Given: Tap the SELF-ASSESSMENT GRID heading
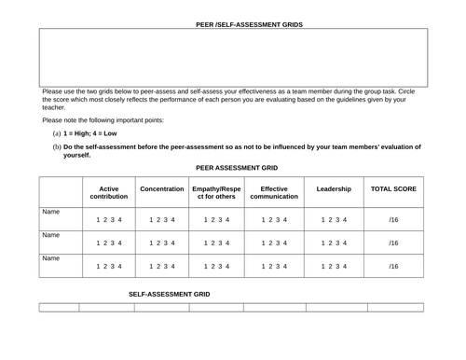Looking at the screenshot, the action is tap(170, 294).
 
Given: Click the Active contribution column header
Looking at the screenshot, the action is tap(108, 192).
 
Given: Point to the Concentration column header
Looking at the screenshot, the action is tap(161, 188).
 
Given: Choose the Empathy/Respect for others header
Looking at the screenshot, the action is tap(216, 192).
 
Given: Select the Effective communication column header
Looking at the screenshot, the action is tap(273, 192).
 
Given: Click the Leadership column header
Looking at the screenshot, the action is tap(334, 188).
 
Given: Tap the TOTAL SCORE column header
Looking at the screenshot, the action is tap(394, 188).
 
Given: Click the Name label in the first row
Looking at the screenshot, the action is tap(50, 213).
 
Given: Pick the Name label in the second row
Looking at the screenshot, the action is tap(50, 235).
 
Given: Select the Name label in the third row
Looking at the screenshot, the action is tap(50, 258).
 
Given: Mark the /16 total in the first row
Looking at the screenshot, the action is tap(394, 220).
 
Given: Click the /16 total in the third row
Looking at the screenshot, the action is tap(394, 266).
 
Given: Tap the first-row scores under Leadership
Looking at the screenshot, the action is tap(334, 220).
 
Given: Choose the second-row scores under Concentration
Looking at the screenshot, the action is tap(161, 242).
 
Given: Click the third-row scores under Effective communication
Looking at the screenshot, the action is tap(273, 266).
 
